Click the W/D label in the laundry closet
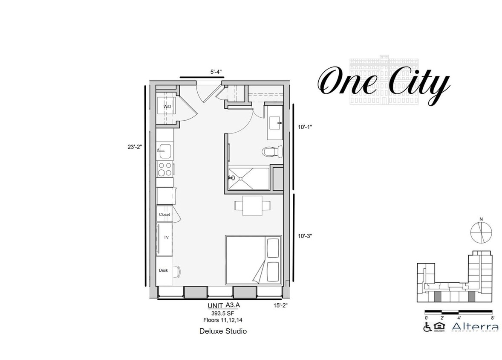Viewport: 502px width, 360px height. (167, 107)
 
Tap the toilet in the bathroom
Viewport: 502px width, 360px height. (273, 151)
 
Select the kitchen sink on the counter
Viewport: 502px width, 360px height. (164, 150)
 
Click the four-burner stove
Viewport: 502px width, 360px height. (165, 169)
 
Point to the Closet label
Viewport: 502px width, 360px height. (164, 215)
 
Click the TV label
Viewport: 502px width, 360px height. (166, 238)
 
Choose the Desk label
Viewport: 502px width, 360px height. (163, 270)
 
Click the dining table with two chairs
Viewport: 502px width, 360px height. (252, 205)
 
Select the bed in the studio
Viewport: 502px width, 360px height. (253, 260)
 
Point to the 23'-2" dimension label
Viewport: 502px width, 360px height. (134, 147)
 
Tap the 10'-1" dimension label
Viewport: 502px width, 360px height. (306, 127)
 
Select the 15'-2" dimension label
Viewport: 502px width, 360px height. (282, 305)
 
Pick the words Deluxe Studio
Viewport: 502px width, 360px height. (223, 331)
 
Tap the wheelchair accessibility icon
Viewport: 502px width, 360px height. (427, 327)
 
